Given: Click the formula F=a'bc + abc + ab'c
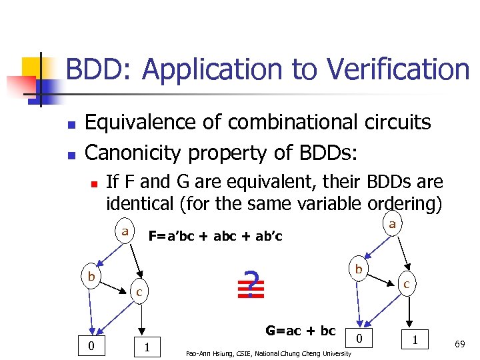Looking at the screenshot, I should (x=215, y=236).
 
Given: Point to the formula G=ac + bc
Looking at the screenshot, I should (x=301, y=330).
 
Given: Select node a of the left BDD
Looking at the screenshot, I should (x=125, y=231).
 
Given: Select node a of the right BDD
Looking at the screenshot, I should (x=392, y=224).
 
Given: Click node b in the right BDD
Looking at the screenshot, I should (x=359, y=269).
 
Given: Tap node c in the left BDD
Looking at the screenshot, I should (x=139, y=291).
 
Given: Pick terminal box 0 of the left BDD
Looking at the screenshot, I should (x=91, y=345).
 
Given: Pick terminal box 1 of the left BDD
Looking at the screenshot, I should (x=147, y=346).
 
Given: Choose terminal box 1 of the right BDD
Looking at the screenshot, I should (x=416, y=339).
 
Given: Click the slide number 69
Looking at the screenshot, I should (x=459, y=344).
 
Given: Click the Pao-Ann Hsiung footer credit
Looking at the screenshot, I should (x=268, y=353).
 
